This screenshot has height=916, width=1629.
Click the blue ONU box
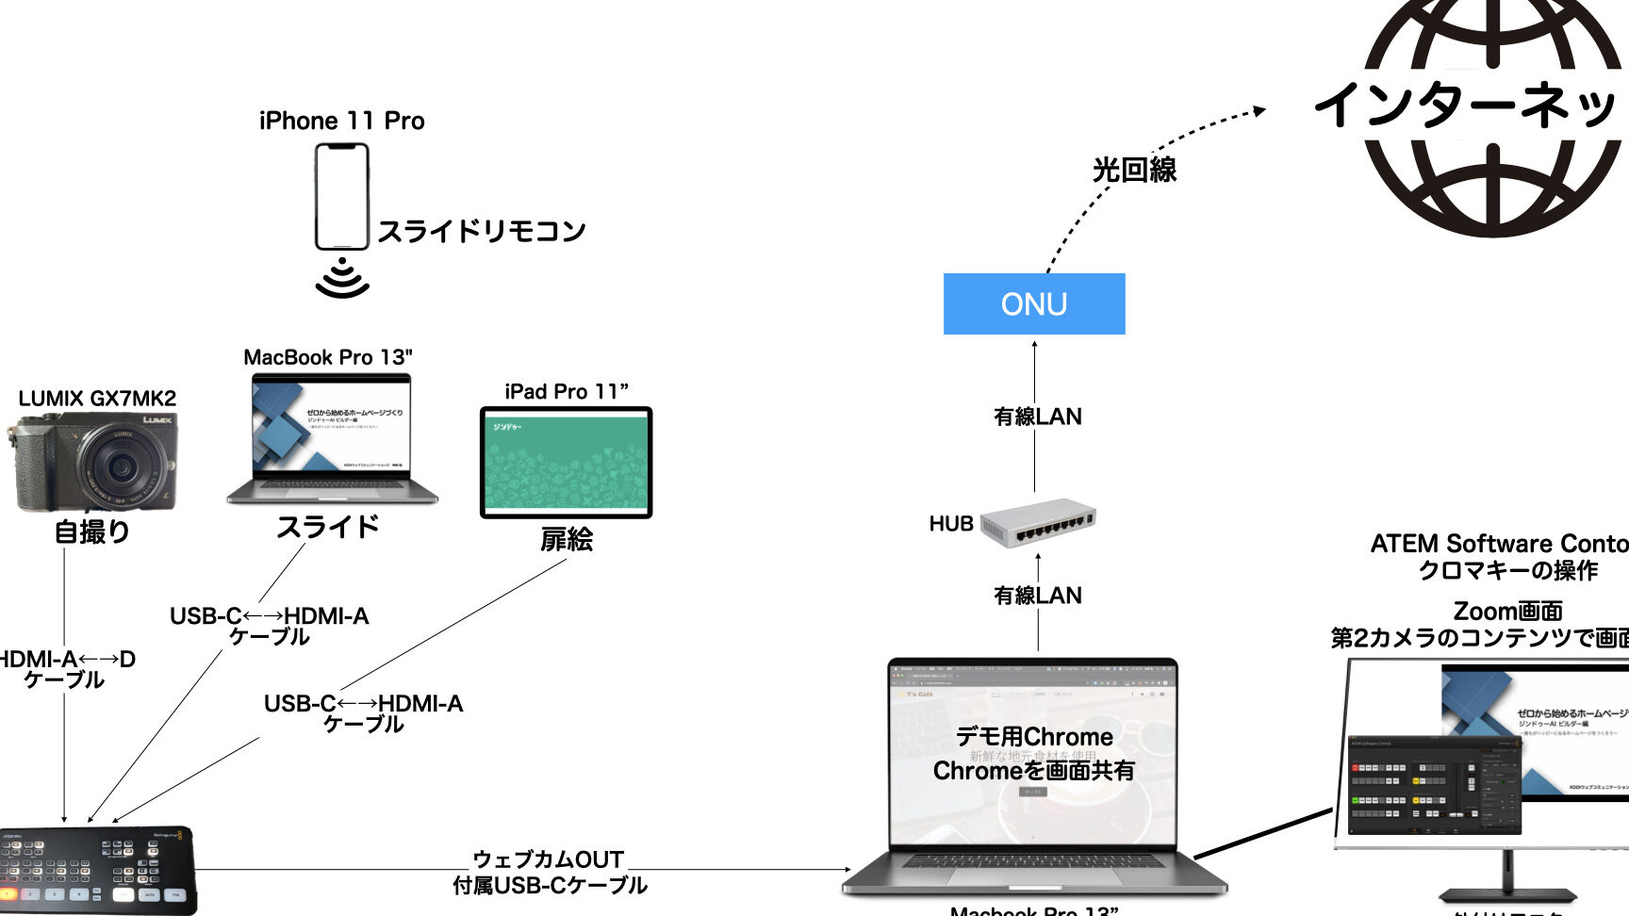(x=1034, y=303)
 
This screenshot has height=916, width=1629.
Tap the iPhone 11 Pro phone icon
(x=341, y=196)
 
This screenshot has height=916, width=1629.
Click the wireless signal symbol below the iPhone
(x=341, y=278)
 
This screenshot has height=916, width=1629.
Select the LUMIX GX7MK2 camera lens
(x=121, y=465)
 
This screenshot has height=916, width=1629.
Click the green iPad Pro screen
(x=566, y=462)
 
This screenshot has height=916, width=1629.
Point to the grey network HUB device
(x=1037, y=523)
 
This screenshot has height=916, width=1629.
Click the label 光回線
(x=1134, y=170)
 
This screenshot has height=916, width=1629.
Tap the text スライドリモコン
(x=481, y=231)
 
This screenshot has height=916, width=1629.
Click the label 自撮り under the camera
(x=91, y=532)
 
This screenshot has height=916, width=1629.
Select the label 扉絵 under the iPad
(x=566, y=539)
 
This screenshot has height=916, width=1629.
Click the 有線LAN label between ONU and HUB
(x=1037, y=417)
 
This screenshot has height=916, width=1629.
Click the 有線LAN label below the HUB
(x=1037, y=596)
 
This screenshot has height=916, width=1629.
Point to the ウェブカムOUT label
(x=548, y=859)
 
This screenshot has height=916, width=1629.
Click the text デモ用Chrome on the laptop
(x=1034, y=737)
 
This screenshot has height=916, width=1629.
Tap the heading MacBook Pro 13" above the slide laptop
(x=327, y=357)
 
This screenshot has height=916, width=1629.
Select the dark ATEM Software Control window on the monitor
(x=1435, y=785)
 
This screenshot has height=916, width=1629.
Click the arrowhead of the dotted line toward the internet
(x=1259, y=111)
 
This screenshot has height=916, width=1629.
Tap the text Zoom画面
(x=1507, y=611)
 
